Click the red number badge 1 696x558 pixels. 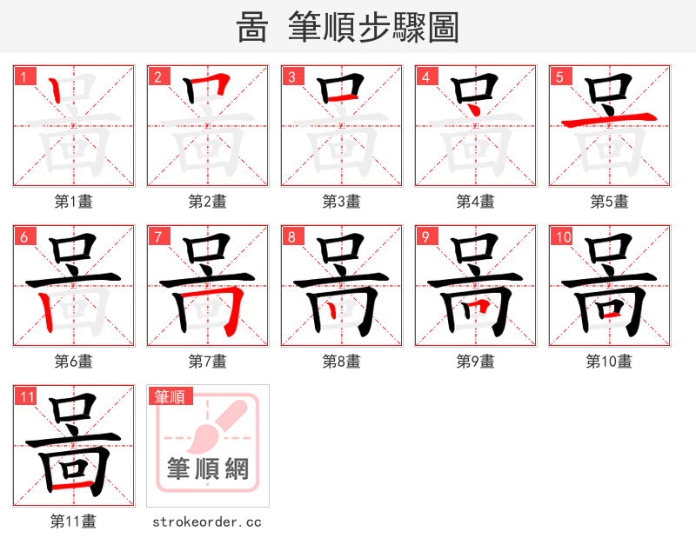coord(23,76)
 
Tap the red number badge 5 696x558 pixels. coord(559,76)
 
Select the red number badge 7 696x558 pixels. coord(157,236)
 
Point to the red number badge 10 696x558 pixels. coord(561,236)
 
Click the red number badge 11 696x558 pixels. coord(26,396)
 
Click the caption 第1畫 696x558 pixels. coord(74,202)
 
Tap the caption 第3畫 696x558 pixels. coord(342,202)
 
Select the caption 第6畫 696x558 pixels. coord(74,362)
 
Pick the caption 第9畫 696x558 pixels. coord(476,362)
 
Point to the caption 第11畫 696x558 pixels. coord(74,521)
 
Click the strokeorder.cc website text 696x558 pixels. coord(207,521)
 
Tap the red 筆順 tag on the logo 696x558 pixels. coord(171,396)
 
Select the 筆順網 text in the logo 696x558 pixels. coord(208,469)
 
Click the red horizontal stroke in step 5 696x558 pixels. coord(609,121)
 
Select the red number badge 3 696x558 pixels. coord(291,76)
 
